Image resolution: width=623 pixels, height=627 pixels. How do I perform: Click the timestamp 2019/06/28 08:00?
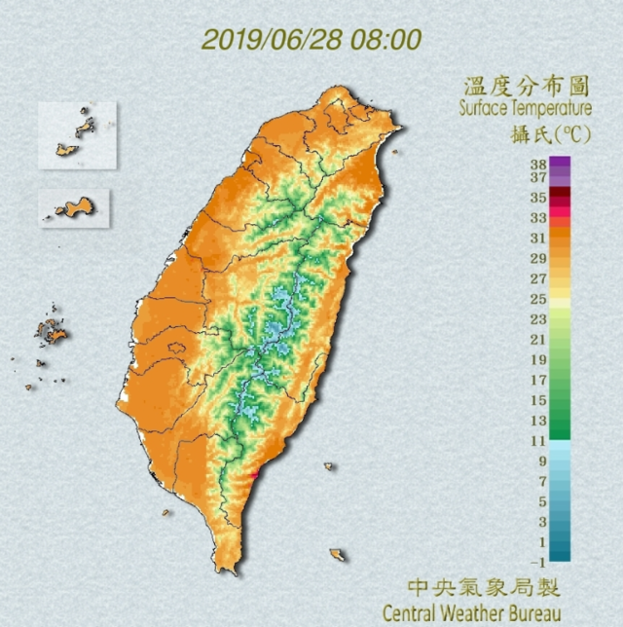(x=311, y=41)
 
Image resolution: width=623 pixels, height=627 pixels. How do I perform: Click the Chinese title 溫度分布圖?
(x=526, y=86)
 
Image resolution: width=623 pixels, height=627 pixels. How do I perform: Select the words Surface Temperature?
(x=526, y=108)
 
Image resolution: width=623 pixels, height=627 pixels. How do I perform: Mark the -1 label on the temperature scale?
(x=535, y=563)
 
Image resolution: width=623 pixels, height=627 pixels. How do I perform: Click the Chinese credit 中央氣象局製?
(x=484, y=588)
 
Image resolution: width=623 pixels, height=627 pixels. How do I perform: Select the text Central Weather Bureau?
(x=472, y=613)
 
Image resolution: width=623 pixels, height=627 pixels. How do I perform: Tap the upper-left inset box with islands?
(x=78, y=134)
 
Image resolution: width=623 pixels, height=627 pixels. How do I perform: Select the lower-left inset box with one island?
(x=75, y=208)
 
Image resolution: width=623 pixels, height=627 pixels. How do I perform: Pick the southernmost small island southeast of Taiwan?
(x=337, y=554)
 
